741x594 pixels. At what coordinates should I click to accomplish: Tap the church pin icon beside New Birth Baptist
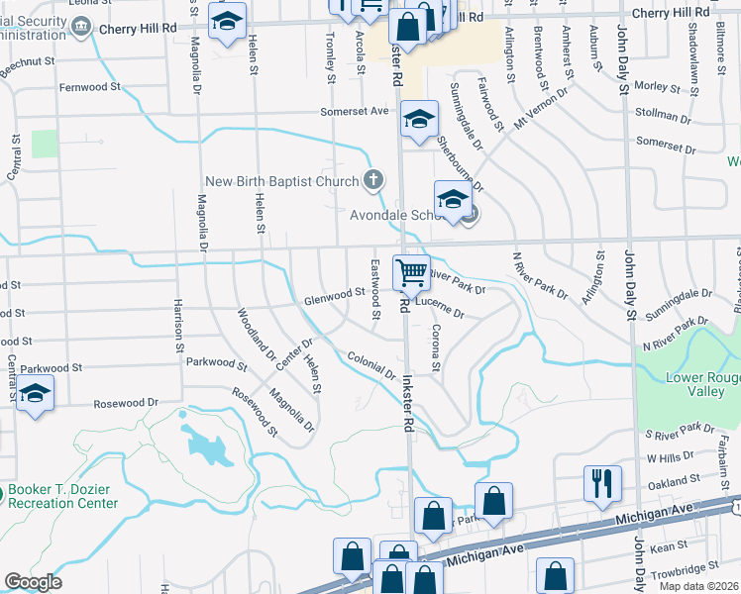(372, 179)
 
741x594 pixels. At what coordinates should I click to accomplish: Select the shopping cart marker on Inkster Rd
(411, 272)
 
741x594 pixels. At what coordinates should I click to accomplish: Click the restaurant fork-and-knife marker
(602, 483)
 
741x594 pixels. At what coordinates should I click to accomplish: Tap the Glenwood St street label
(335, 295)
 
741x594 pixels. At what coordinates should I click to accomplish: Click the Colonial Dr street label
(371, 365)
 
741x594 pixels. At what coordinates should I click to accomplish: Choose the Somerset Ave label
(354, 112)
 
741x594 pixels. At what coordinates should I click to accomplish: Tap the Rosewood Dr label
(126, 404)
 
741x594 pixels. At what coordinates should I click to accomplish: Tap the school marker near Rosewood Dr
(35, 396)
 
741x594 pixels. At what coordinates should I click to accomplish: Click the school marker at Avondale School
(453, 200)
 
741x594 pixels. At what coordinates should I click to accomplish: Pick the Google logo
(33, 582)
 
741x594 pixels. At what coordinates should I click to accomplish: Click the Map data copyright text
(697, 586)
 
